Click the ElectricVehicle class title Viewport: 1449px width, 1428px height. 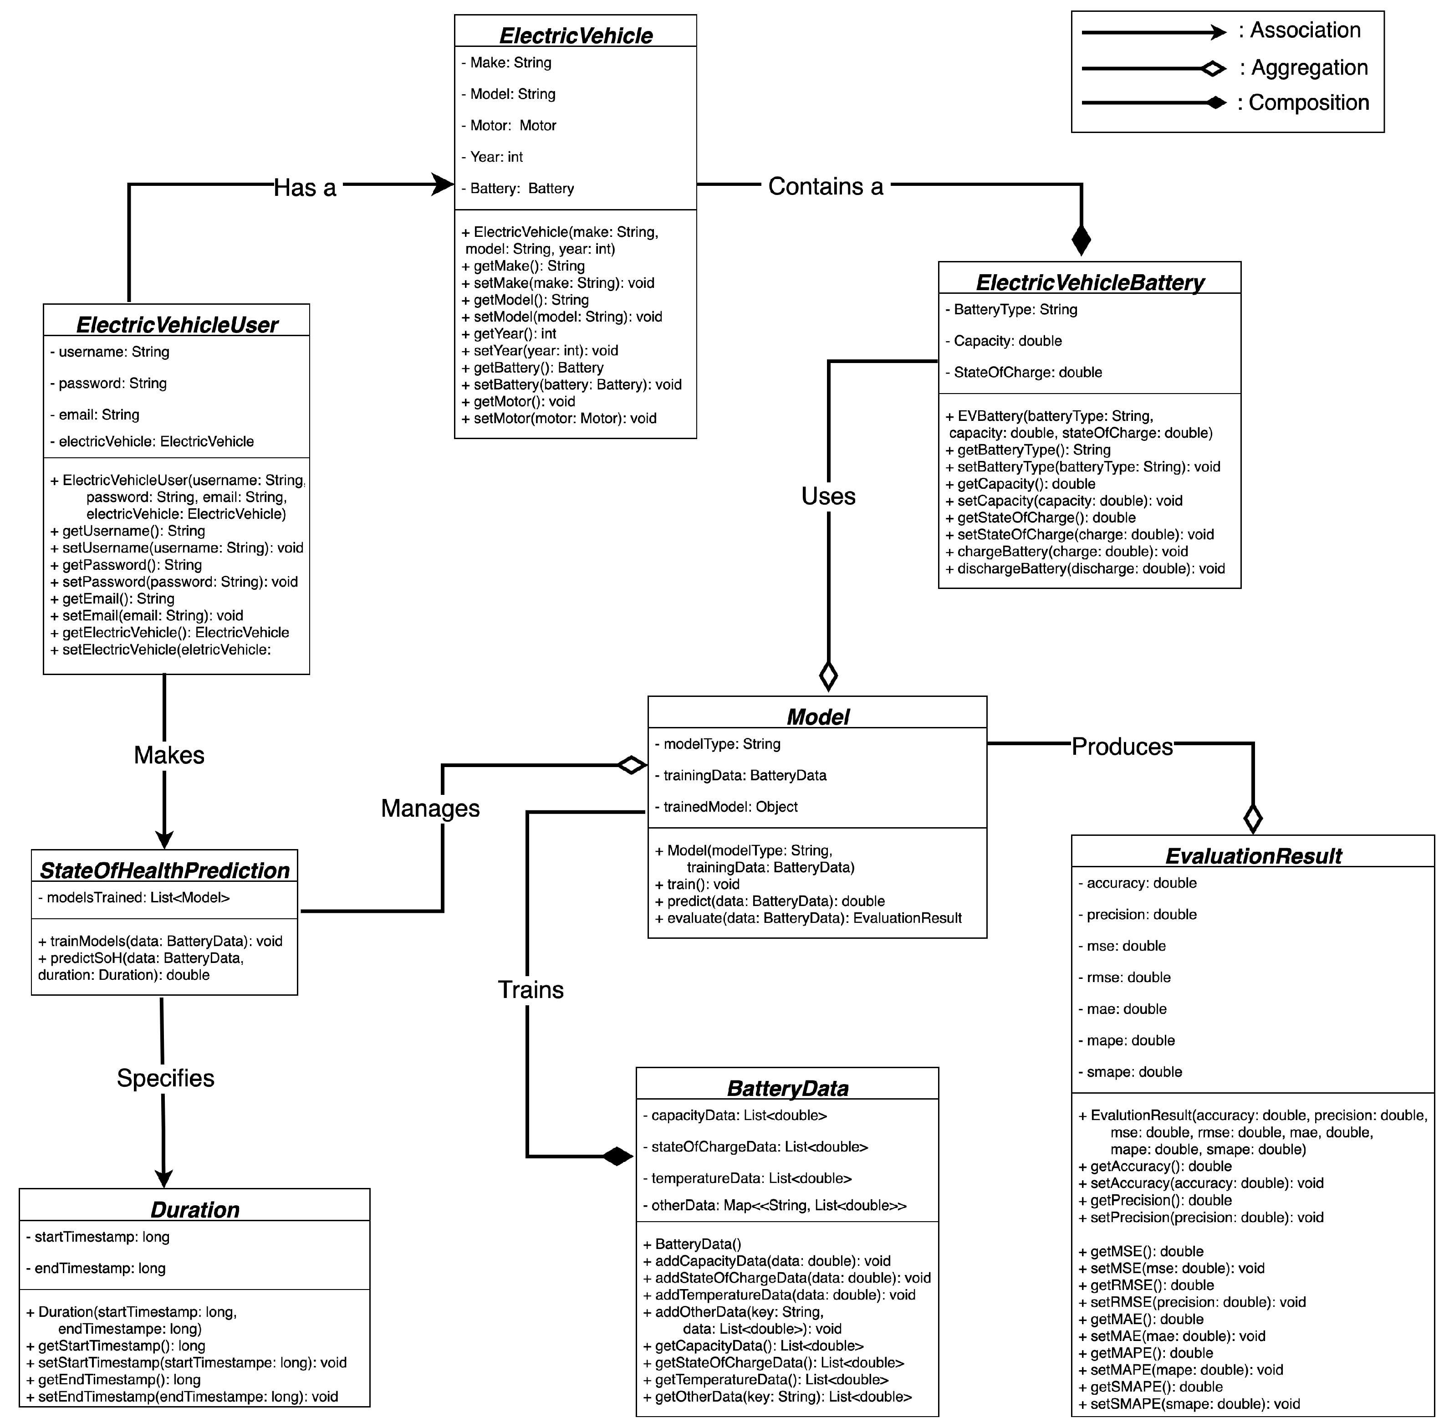575,35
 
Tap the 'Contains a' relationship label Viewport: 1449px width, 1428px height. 825,186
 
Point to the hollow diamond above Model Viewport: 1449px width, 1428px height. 827,675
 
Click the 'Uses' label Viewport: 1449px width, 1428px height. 827,496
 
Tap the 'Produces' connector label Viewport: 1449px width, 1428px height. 1122,746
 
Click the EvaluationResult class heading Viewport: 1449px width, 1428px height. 1253,856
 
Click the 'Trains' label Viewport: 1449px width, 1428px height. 530,989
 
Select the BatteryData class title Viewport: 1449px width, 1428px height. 787,1088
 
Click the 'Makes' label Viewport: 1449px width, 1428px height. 168,754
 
